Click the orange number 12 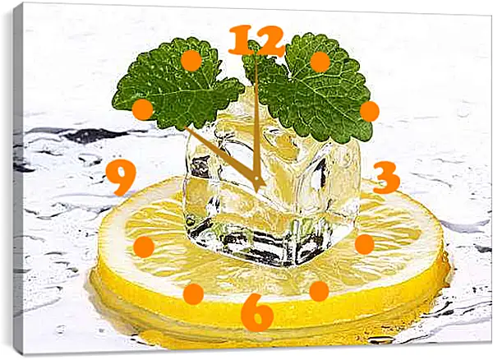tap(256, 40)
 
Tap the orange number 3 tap(386, 178)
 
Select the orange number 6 tap(256, 312)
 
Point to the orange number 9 tap(121, 177)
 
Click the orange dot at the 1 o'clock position tap(320, 62)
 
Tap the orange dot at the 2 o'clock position tap(370, 111)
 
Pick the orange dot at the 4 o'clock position tap(364, 244)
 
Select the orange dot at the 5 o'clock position tap(319, 291)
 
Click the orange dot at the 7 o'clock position tap(193, 294)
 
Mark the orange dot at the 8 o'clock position tap(144, 247)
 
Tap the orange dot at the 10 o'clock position tap(142, 109)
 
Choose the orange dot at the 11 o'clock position tap(191, 60)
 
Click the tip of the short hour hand tap(185, 127)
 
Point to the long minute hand tap(256, 122)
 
